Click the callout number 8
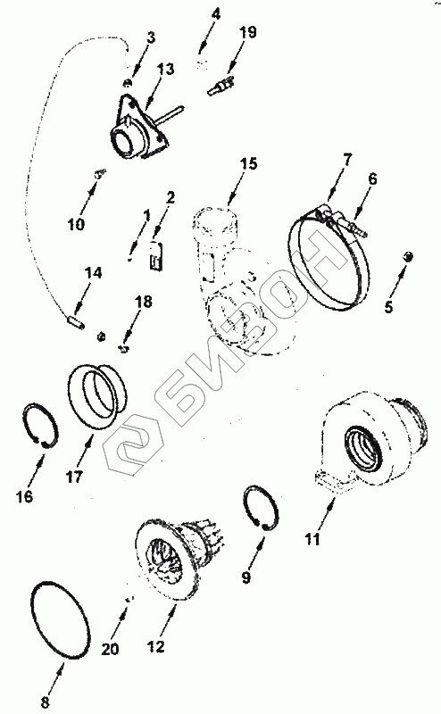(46, 702)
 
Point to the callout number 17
(74, 477)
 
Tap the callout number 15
(249, 163)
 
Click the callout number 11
(312, 539)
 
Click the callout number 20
(110, 648)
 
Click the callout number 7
(347, 161)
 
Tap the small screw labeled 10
(100, 172)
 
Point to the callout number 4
(215, 14)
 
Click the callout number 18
(143, 302)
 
